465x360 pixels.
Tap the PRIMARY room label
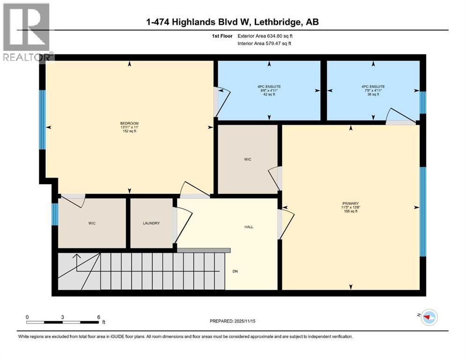(x=350, y=203)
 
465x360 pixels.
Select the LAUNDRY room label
(x=151, y=224)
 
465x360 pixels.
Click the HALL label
(x=249, y=227)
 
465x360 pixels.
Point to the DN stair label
(x=235, y=271)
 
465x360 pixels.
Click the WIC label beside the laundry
(x=92, y=224)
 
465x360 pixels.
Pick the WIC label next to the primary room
(x=248, y=160)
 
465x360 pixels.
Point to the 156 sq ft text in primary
(x=350, y=211)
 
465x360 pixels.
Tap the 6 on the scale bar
(x=98, y=317)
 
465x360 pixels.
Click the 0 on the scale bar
(x=27, y=317)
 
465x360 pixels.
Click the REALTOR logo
(x=26, y=31)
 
